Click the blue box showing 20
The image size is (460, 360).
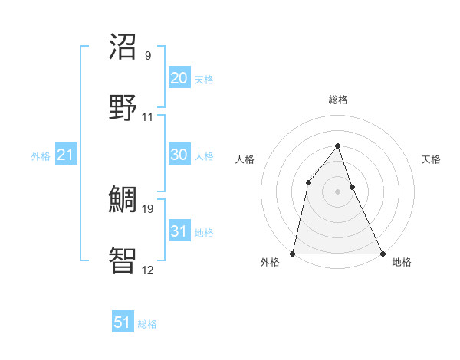[x=179, y=78]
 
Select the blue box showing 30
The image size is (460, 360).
[x=179, y=155]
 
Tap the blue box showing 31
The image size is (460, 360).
[x=179, y=231]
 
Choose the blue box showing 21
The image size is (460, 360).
[x=65, y=155]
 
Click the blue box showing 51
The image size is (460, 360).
[x=123, y=322]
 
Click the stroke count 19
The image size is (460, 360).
[x=148, y=208]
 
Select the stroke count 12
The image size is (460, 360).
[x=148, y=270]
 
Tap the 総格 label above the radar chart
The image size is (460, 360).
[x=337, y=100]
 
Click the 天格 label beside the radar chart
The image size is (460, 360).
[x=432, y=159]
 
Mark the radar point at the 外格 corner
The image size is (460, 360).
[x=293, y=253]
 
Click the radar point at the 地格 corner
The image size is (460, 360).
[x=382, y=253]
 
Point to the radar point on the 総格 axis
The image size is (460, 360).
[x=337, y=145]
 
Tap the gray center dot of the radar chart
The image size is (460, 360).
[x=337, y=191]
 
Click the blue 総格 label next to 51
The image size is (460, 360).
[x=147, y=324]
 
